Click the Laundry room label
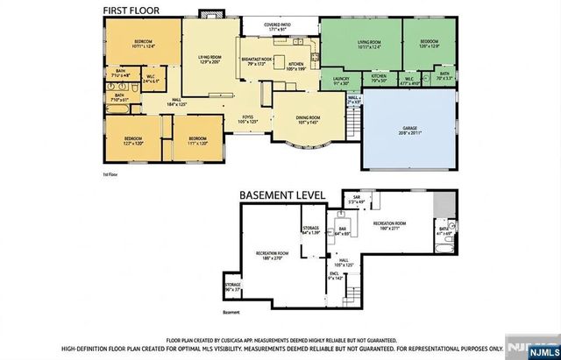coord(341,81)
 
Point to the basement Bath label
coord(444,229)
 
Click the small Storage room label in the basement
coord(232,286)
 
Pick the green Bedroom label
coord(430,43)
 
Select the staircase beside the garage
coord(355,128)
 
